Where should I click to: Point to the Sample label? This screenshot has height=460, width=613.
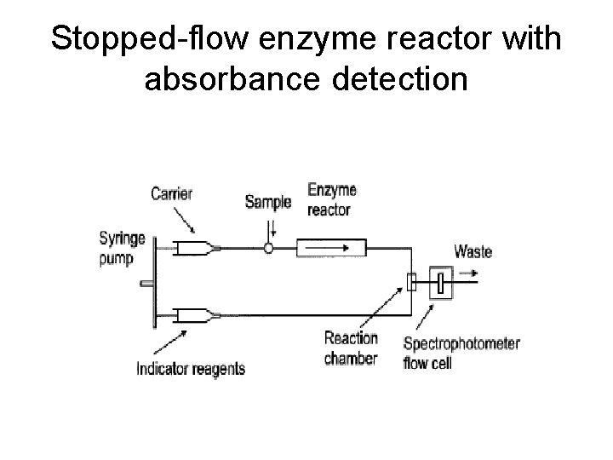(267, 202)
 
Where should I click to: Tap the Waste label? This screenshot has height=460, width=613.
(473, 251)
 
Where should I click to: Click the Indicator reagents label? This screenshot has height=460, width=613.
(191, 368)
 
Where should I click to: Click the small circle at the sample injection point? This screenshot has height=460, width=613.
(268, 249)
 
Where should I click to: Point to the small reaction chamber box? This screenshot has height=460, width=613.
(412, 282)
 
